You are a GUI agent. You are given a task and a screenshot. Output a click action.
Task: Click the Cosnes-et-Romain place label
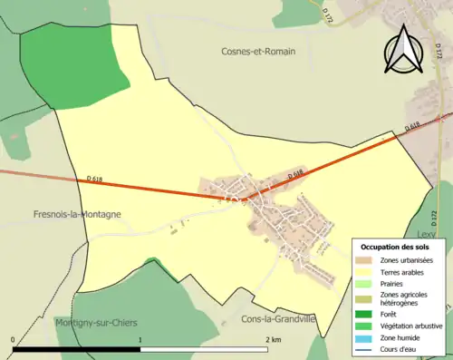click(262, 52)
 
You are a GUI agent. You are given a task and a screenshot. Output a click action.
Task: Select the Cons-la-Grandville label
click(278, 319)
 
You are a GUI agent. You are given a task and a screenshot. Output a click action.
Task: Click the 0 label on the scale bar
click(14, 339)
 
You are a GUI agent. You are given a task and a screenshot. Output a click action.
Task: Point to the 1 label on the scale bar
click(140, 339)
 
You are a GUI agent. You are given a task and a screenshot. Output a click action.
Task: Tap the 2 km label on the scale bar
click(272, 339)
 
